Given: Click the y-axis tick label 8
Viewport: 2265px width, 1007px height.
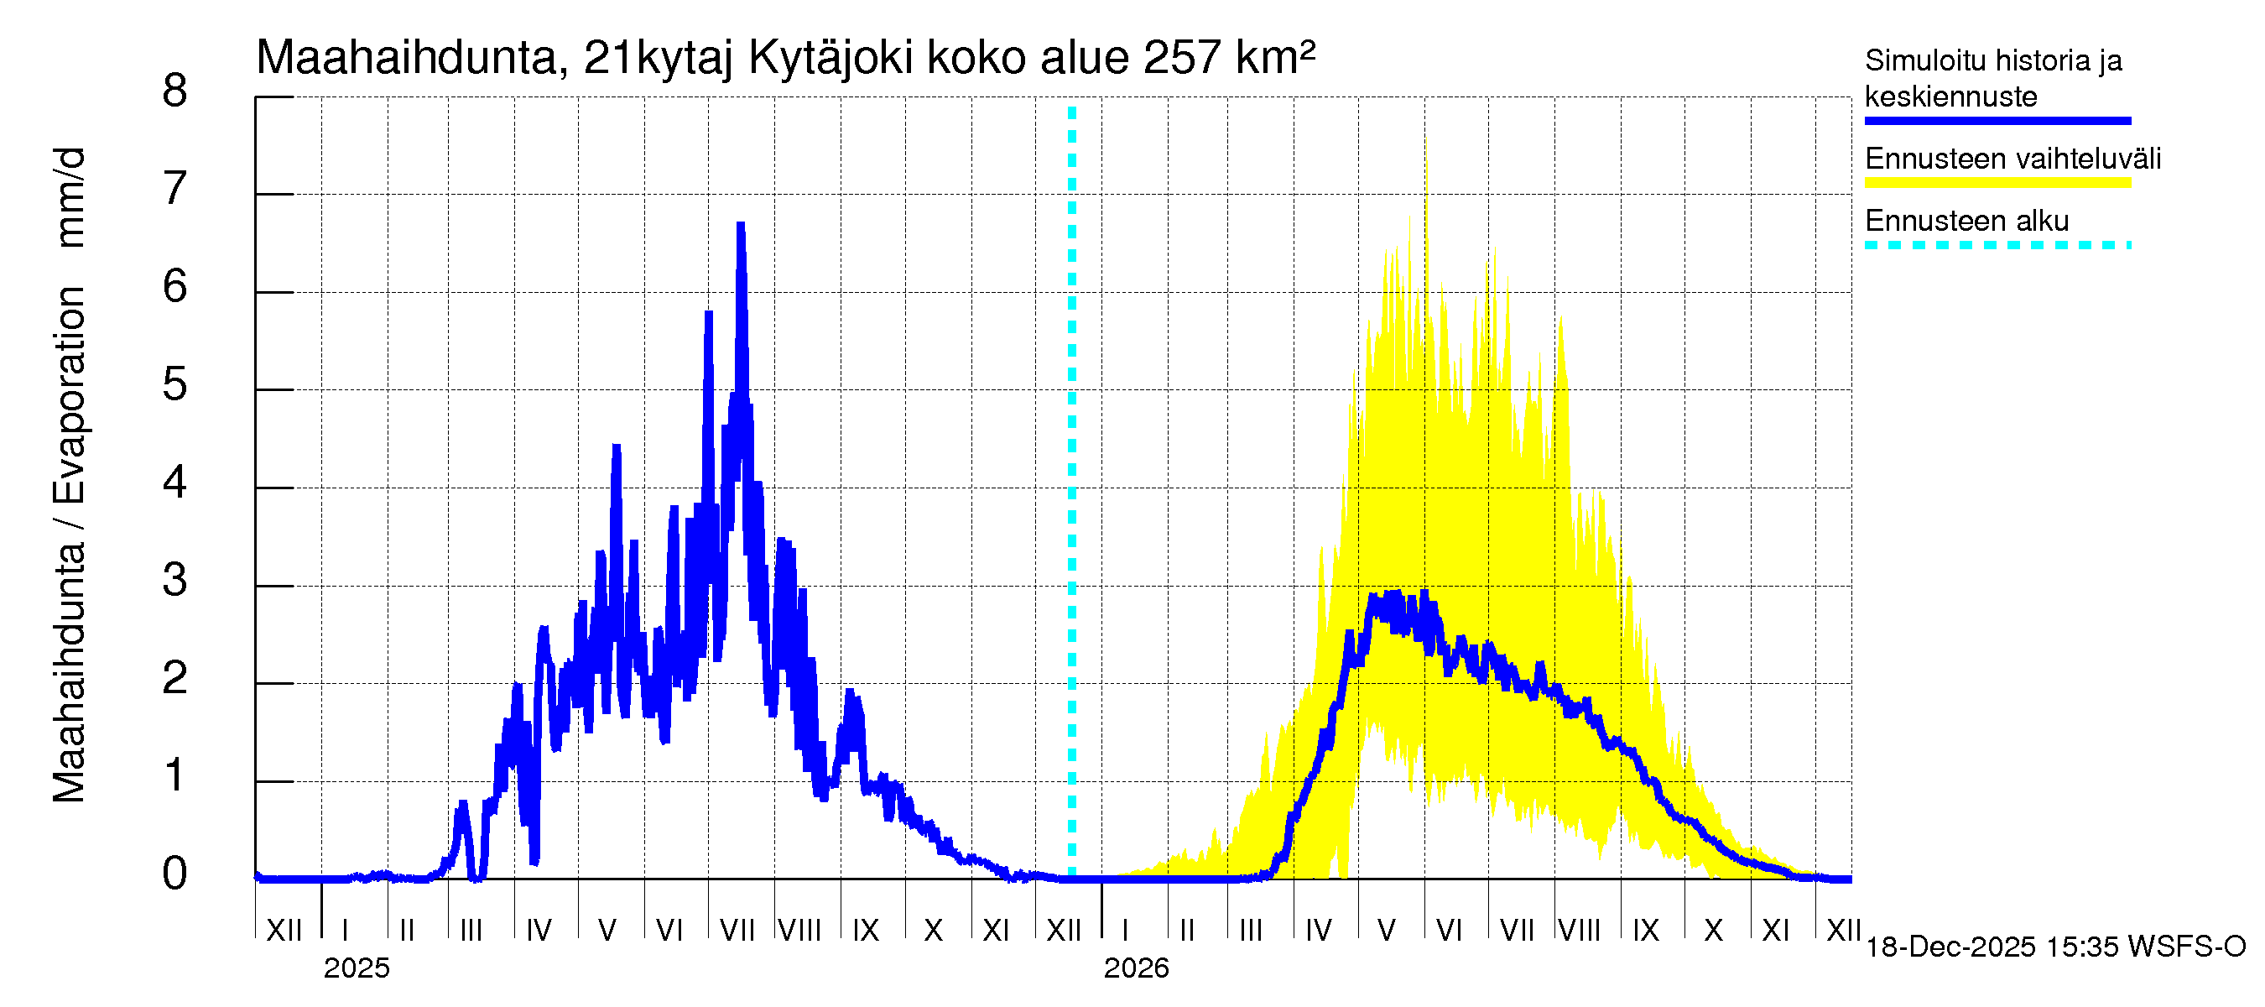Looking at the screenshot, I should pyautogui.click(x=175, y=91).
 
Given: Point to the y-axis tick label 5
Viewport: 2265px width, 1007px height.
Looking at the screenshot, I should pyautogui.click(x=175, y=384).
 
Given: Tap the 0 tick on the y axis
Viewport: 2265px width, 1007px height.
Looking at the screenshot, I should pyautogui.click(x=175, y=874).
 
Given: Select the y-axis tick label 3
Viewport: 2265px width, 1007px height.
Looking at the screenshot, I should pyautogui.click(x=175, y=580).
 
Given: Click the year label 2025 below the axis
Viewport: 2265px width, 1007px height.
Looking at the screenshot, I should pyautogui.click(x=356, y=968).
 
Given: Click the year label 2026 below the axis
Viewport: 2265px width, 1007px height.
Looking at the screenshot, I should pyautogui.click(x=1136, y=968).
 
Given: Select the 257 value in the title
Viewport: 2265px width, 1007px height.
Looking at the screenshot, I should pyautogui.click(x=1182, y=58).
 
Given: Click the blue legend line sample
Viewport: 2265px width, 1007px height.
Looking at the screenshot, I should pyautogui.click(x=1997, y=121).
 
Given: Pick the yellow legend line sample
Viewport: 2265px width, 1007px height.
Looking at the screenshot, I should pyautogui.click(x=1997, y=183).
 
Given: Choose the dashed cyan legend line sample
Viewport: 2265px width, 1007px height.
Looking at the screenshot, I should pyautogui.click(x=1997, y=245).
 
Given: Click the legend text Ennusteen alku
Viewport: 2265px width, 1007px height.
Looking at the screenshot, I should pyautogui.click(x=1967, y=221).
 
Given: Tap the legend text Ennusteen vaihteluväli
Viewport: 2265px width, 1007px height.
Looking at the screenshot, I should pyautogui.click(x=2012, y=159).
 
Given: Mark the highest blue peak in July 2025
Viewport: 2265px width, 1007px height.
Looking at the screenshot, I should pyautogui.click(x=741, y=226).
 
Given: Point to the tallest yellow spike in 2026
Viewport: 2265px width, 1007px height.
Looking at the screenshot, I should pyautogui.click(x=1425, y=141).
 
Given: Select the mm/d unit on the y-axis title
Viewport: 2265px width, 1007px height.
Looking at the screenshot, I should pyautogui.click(x=70, y=198).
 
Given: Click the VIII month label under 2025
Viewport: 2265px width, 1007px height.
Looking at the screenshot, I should pyautogui.click(x=800, y=930).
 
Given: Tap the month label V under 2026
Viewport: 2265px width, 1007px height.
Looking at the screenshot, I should pyautogui.click(x=1387, y=930).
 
